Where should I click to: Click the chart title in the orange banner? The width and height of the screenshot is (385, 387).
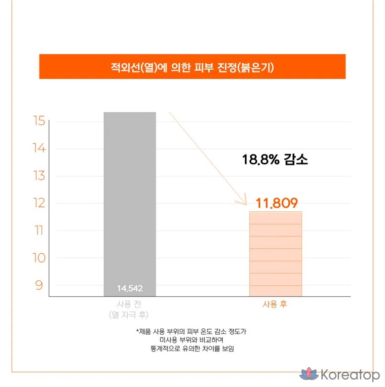pyautogui.click(x=192, y=67)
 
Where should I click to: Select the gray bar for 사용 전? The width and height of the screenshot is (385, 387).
pyautogui.click(x=130, y=197)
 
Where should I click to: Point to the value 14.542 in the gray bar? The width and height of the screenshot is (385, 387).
pyautogui.click(x=130, y=288)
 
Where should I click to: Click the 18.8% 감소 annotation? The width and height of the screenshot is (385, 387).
pyautogui.click(x=275, y=160)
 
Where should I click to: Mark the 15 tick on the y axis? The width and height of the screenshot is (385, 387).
pyautogui.click(x=40, y=121)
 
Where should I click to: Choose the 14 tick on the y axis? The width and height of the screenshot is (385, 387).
pyautogui.click(x=40, y=149)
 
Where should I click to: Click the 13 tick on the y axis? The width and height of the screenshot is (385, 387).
pyautogui.click(x=40, y=176)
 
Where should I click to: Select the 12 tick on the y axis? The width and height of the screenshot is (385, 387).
pyautogui.click(x=40, y=203)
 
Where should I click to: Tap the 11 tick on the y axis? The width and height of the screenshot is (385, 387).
pyautogui.click(x=40, y=231)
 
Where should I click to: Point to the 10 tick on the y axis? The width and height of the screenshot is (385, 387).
pyautogui.click(x=40, y=258)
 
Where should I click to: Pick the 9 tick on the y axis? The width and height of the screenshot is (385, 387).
pyautogui.click(x=40, y=285)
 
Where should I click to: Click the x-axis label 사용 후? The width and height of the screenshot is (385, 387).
pyautogui.click(x=275, y=304)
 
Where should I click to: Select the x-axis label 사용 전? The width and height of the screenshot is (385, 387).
pyautogui.click(x=129, y=304)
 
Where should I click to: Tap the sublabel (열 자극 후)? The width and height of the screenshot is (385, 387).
pyautogui.click(x=129, y=314)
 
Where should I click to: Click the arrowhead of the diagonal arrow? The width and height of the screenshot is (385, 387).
pyautogui.click(x=243, y=202)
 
